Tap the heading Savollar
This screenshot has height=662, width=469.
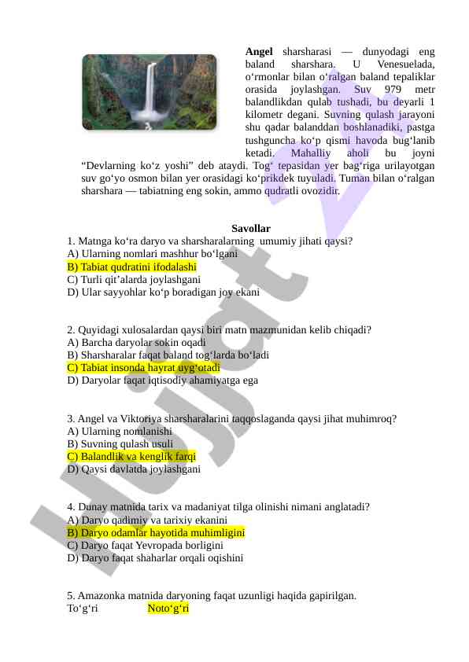click(251, 228)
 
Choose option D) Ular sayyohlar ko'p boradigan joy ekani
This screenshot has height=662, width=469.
click(163, 292)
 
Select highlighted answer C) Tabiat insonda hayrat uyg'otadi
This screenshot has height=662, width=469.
click(143, 367)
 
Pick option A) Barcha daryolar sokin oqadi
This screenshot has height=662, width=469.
click(136, 342)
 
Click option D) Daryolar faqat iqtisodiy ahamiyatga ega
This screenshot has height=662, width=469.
click(162, 380)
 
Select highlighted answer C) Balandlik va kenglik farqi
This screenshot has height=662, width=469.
click(131, 456)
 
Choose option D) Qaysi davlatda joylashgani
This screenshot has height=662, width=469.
click(134, 469)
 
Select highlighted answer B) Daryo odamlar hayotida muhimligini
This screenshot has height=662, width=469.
click(156, 532)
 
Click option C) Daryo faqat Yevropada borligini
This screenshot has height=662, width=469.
click(146, 545)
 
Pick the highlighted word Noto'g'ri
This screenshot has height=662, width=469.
click(168, 609)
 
